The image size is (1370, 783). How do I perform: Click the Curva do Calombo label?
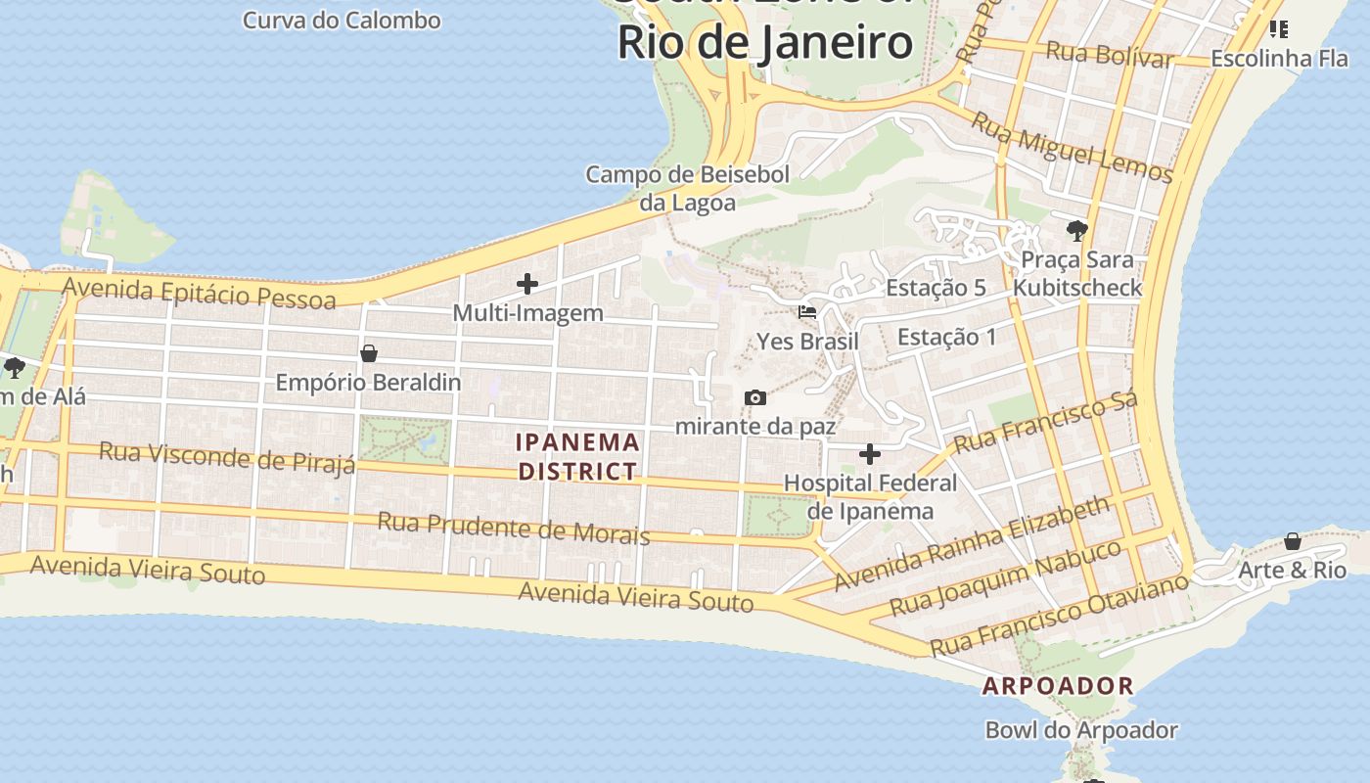tap(342, 20)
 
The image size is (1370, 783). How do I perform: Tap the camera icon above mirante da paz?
tap(754, 397)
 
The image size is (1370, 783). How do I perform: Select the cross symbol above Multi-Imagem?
tap(527, 285)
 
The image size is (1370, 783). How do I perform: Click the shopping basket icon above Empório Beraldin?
tap(369, 353)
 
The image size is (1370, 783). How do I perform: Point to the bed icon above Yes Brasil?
tap(807, 312)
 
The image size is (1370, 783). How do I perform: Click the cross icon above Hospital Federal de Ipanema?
tap(869, 454)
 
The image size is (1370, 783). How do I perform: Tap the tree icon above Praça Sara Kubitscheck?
tap(1077, 231)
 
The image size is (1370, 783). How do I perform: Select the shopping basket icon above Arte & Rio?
tap(1293, 541)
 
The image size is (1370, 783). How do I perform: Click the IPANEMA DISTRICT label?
tap(577, 456)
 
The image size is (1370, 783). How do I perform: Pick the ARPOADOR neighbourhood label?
tap(1058, 686)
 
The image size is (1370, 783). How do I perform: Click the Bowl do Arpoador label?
tap(1081, 730)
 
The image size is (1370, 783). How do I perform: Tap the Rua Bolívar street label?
tap(1109, 55)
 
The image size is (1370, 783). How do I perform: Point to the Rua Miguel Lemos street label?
tap(1072, 148)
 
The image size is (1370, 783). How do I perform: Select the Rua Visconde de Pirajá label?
tap(227, 457)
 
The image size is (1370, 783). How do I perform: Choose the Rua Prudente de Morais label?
tap(513, 527)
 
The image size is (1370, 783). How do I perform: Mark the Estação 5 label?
tap(936, 288)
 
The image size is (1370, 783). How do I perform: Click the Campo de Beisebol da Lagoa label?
tap(687, 188)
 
